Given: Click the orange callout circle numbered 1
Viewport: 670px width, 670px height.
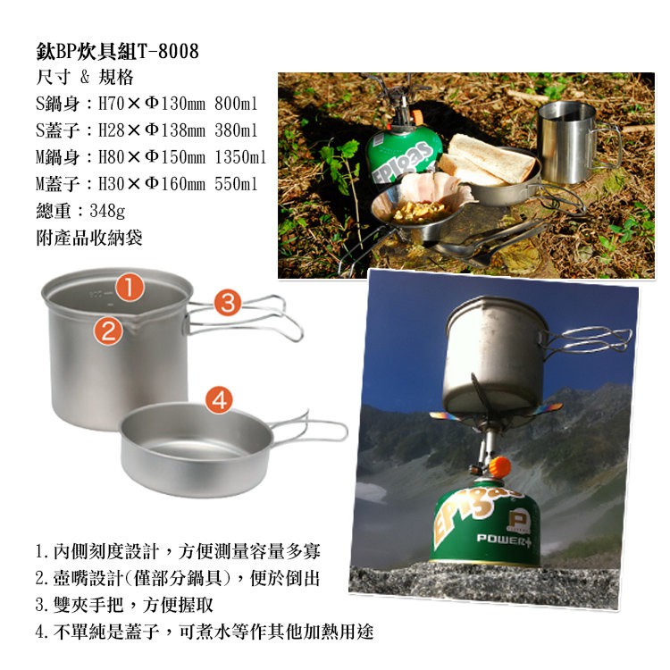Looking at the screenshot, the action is pos(129,287).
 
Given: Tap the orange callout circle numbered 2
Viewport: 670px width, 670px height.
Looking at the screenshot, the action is pos(108,331).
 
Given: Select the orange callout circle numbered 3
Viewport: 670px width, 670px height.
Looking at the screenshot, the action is pos(228,303).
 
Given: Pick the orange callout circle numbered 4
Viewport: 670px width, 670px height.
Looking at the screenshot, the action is pos(219,400).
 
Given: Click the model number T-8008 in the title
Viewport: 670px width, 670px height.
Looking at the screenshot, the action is pos(168,52).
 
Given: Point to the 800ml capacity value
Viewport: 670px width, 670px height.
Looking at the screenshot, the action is pos(236,104).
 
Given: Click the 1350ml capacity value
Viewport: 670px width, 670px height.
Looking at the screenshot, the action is pos(240,157).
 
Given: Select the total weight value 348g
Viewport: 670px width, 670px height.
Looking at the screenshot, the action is pos(107,211).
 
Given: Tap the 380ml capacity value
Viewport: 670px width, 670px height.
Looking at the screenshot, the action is pos(236,130).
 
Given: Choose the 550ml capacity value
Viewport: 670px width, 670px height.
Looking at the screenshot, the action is pos(236,184).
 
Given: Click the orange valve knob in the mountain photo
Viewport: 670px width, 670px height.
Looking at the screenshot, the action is pos(500,467).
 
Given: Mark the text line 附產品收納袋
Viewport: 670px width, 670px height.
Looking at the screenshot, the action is pos(88,238).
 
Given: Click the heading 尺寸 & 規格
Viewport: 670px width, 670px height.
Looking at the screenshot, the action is pos(85,78).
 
